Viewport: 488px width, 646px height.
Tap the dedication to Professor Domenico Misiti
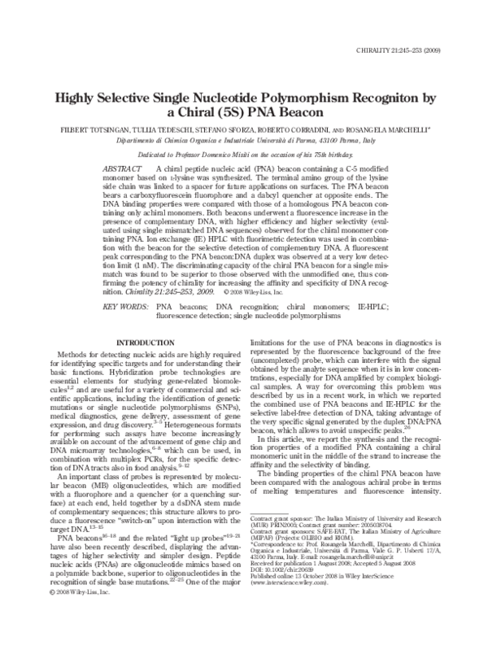243,154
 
